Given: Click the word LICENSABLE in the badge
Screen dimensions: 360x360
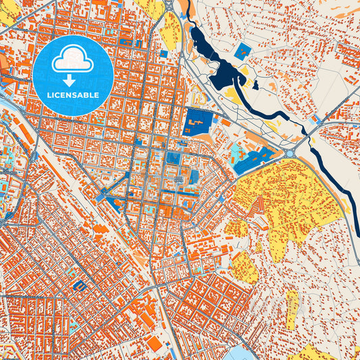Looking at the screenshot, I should (72, 95).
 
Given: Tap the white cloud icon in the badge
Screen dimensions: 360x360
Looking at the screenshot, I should (72, 61).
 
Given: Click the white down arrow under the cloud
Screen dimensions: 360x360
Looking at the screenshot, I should (72, 80).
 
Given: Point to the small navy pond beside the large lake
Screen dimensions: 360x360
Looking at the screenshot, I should (255, 85).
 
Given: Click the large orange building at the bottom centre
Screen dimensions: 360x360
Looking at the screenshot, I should (155, 344).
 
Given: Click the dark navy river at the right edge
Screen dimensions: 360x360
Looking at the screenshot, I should (353, 209).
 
